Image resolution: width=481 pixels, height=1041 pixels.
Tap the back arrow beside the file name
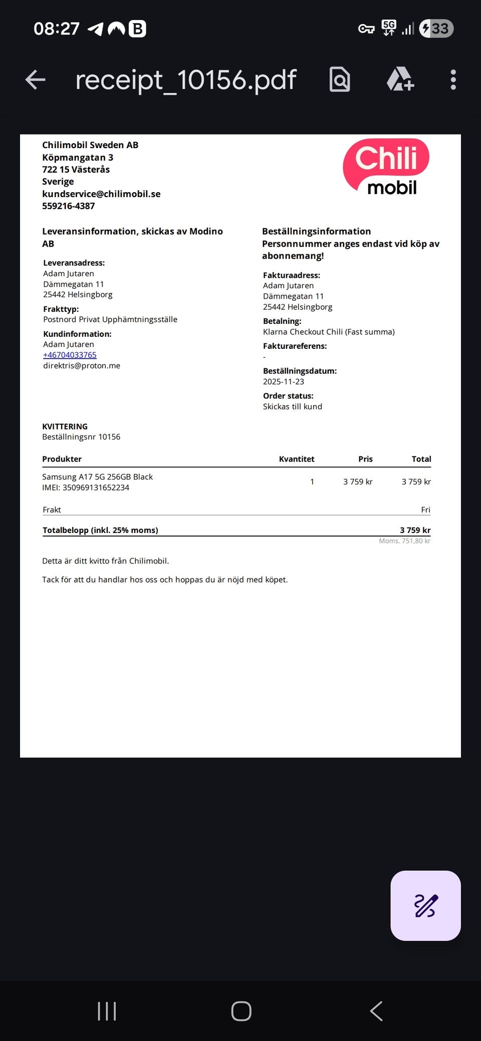(x=36, y=80)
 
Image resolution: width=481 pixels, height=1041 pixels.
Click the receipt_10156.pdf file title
(x=185, y=80)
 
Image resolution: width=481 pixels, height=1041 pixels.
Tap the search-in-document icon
(x=340, y=80)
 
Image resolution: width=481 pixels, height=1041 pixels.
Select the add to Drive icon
(x=400, y=80)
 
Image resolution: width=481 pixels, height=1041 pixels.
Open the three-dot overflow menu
(x=453, y=80)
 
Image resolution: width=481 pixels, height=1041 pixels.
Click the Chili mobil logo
(x=386, y=167)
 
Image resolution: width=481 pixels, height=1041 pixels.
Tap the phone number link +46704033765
(x=70, y=355)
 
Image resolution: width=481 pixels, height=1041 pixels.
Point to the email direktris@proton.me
(x=82, y=365)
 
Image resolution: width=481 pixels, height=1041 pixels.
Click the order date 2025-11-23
(x=284, y=381)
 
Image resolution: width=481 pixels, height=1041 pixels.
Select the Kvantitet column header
(x=297, y=459)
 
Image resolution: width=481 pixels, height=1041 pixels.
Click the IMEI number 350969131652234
(x=96, y=487)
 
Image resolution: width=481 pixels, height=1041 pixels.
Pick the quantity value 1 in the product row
(x=312, y=481)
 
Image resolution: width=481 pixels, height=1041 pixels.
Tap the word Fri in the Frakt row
(x=425, y=509)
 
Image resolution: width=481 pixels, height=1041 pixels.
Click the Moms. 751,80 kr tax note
(x=404, y=541)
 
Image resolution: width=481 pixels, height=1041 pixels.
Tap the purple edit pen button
(x=425, y=905)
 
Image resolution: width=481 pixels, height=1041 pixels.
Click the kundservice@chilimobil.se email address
(x=101, y=194)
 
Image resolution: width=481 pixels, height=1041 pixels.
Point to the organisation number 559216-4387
(x=68, y=206)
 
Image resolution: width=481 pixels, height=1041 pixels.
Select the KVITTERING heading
(x=65, y=426)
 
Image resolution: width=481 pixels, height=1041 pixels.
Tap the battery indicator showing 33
(x=436, y=29)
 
